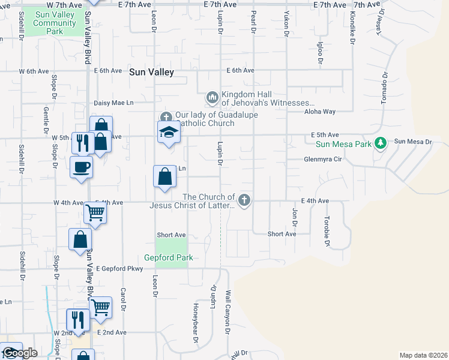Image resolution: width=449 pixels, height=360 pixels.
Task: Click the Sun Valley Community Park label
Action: [x=55, y=23]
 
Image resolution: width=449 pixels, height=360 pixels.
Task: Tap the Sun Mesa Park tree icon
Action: [x=379, y=143]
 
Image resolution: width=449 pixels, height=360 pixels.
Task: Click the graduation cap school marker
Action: [x=169, y=132]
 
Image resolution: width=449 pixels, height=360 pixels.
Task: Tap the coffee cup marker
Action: [x=81, y=167]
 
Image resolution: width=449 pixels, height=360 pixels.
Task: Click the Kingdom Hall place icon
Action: [x=212, y=97]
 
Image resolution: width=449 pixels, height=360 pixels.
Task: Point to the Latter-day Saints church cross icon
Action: [x=244, y=200]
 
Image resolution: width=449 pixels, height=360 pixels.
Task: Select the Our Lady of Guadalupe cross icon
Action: [x=166, y=116]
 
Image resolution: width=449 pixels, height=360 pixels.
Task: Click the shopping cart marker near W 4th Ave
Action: [x=95, y=212]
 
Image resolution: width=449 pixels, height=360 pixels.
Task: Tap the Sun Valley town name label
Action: [x=151, y=72]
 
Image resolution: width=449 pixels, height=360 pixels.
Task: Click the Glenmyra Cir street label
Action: [x=322, y=160]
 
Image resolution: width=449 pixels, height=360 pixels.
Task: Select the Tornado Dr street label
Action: [x=384, y=89]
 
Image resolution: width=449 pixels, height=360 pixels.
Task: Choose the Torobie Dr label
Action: [x=327, y=232]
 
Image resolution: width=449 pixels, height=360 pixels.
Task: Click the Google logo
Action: [x=19, y=353]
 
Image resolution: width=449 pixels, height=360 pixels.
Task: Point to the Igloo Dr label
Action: [x=320, y=53]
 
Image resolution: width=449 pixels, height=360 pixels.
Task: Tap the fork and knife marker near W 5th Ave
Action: [x=81, y=143]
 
